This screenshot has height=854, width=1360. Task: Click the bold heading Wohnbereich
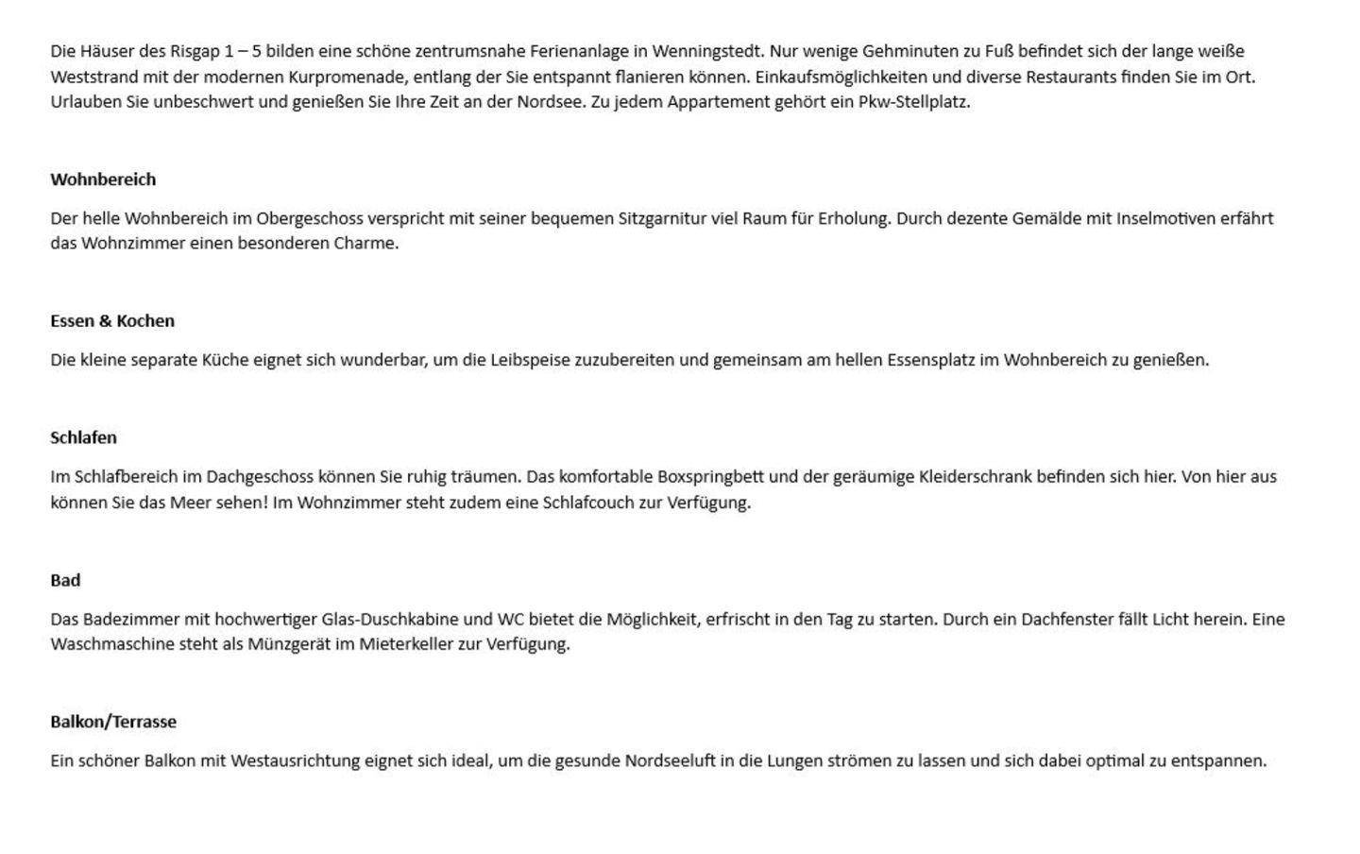click(103, 179)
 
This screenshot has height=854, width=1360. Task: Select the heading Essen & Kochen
click(112, 321)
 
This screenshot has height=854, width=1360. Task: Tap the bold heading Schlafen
click(83, 437)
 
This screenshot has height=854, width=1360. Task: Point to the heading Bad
click(65, 580)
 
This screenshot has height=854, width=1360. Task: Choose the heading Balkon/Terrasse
click(113, 722)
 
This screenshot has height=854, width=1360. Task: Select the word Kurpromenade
click(354, 77)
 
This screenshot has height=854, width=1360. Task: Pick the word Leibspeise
click(530, 360)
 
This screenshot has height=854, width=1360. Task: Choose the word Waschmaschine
click(112, 644)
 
